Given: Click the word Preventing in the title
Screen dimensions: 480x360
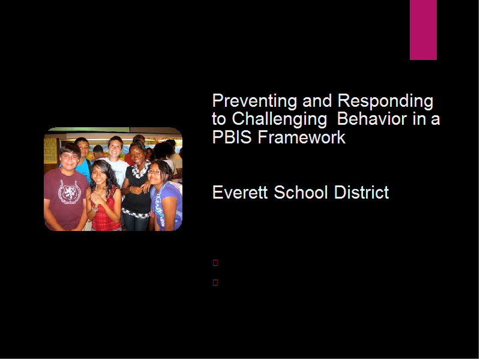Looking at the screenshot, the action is point(254,101).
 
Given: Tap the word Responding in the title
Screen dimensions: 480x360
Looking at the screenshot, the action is point(385,101).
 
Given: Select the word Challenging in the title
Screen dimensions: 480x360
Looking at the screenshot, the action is point(279,119).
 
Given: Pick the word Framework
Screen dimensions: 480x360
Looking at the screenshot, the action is point(302,137).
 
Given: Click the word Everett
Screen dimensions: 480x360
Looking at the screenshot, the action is point(240,193).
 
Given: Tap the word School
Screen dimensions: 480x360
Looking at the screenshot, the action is point(301,193).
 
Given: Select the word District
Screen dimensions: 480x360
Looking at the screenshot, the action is point(362,193).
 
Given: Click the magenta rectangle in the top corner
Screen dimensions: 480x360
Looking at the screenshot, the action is point(423,29).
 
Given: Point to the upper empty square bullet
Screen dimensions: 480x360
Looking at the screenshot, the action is point(215,263).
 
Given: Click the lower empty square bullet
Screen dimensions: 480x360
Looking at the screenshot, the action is point(215,283).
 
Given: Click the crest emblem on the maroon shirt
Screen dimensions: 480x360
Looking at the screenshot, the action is point(70,192).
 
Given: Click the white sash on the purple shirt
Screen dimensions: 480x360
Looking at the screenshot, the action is point(160,208).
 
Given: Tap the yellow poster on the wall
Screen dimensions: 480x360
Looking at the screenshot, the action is point(50,151).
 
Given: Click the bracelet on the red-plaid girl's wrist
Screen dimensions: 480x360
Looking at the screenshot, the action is point(95,209).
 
